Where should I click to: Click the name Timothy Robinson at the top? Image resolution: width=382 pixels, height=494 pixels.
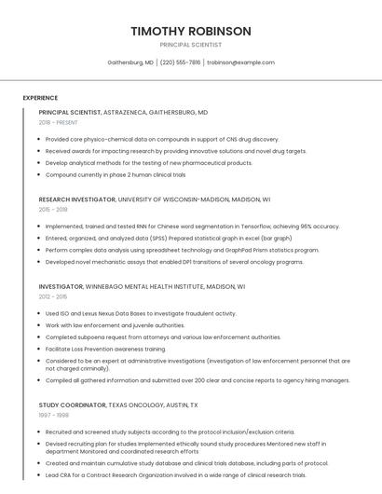pyautogui.click(x=191, y=31)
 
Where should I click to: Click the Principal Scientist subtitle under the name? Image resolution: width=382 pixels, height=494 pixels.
pyautogui.click(x=191, y=45)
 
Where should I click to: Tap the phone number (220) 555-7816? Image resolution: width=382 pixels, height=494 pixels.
pyautogui.click(x=180, y=62)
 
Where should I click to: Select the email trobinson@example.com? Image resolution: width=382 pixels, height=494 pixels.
pyautogui.click(x=240, y=62)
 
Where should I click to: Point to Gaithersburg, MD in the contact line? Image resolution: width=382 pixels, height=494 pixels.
pyautogui.click(x=130, y=62)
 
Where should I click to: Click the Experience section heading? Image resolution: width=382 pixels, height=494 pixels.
pyautogui.click(x=40, y=98)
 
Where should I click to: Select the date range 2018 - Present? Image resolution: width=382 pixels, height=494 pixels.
pyautogui.click(x=58, y=122)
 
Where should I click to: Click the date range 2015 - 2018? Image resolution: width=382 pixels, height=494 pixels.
pyautogui.click(x=53, y=210)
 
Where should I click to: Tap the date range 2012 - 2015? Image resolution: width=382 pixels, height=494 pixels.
pyautogui.click(x=53, y=296)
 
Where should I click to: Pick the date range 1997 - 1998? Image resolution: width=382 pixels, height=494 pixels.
pyautogui.click(x=53, y=417)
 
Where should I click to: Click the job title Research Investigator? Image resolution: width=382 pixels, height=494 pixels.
pyautogui.click(x=77, y=199)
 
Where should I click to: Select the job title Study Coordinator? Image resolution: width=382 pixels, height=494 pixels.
pyautogui.click(x=72, y=406)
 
